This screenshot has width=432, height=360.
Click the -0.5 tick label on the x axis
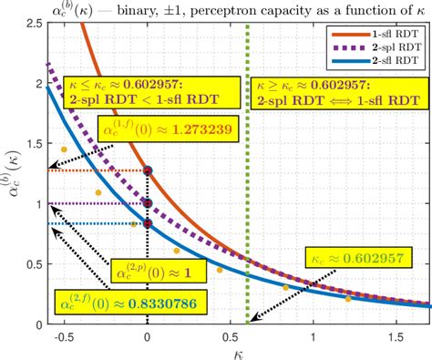(x=63, y=338)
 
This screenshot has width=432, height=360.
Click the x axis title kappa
(x=235, y=353)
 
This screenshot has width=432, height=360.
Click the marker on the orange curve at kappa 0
(x=148, y=170)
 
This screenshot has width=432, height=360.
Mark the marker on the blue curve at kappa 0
(x=148, y=223)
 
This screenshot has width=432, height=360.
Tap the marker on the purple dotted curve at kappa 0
(x=148, y=203)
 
